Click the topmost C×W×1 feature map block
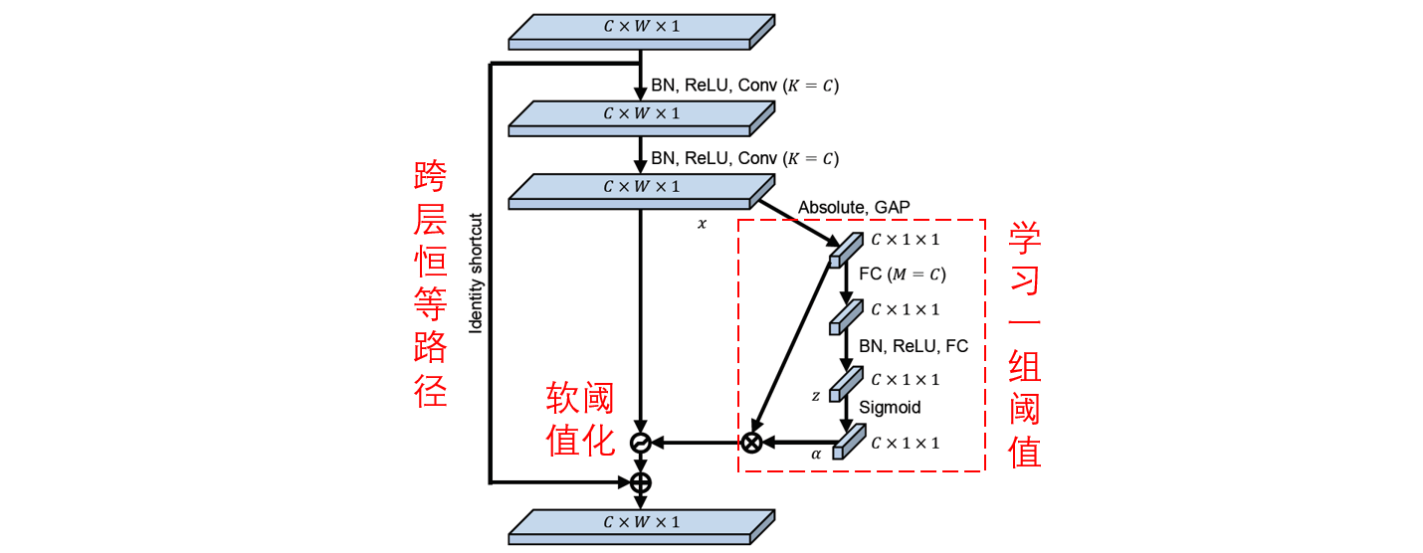pos(642,32)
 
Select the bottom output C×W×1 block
pos(642,527)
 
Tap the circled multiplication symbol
pos(751,443)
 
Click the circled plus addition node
pos(641,483)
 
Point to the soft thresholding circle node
pos(641,443)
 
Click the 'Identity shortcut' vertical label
pos(476,273)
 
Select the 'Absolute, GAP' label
pos(854,207)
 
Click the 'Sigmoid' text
pos(890,407)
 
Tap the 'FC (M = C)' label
pos(903,274)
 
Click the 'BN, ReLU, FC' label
pos(914,346)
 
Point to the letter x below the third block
pos(702,224)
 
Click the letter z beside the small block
pos(816,396)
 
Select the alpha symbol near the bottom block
pos(816,454)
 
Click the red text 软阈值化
pos(580,419)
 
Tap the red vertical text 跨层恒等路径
pos(430,283)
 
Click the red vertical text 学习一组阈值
pos(1024,345)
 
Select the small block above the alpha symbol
pos(849,442)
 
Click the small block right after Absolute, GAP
pos(846,251)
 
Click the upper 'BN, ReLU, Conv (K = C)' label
pos(744,86)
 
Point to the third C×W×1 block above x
pos(642,192)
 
